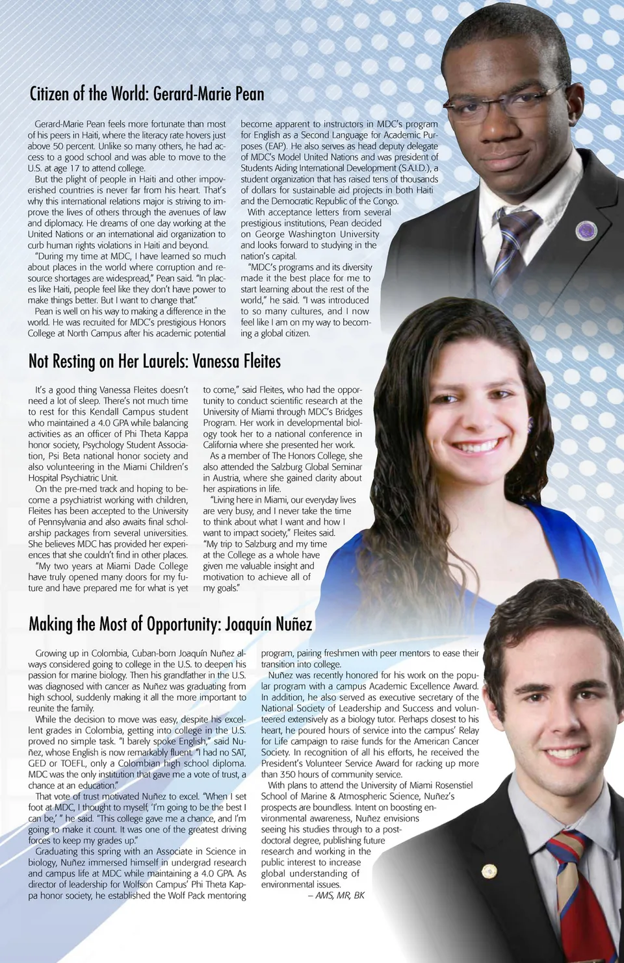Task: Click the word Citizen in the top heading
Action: (49, 94)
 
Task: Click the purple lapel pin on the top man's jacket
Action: (586, 230)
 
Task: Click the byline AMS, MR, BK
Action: (340, 895)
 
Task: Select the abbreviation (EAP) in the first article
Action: (274, 146)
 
